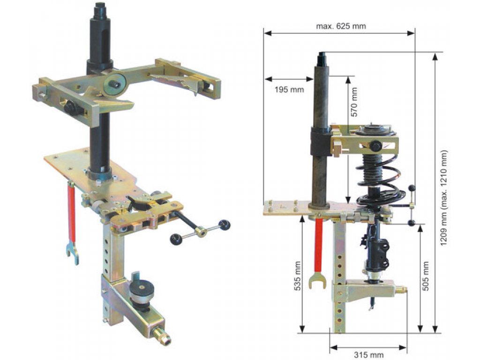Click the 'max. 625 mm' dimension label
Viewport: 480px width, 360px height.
coord(341,26)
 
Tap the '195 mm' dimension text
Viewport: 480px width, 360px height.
coord(289,90)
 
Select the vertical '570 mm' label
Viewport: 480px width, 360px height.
coord(354,102)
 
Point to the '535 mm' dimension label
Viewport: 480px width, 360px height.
coord(297,276)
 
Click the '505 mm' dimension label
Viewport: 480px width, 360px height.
coord(426,276)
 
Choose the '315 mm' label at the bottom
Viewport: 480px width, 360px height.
coord(368,355)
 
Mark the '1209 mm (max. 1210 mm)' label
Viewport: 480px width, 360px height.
coord(443,198)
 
